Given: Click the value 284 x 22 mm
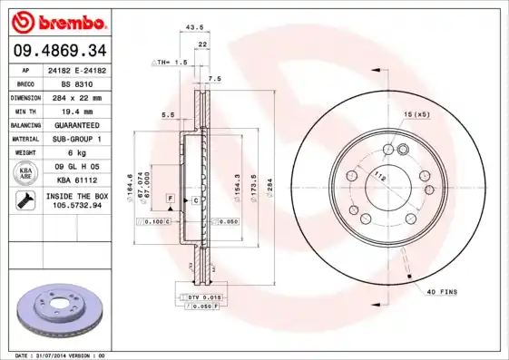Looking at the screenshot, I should click(x=75, y=97).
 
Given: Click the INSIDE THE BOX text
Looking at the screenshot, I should click(x=75, y=196).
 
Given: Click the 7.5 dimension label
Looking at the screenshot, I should click(x=214, y=80).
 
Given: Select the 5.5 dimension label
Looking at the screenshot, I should click(x=168, y=115).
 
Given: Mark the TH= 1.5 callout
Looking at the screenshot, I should click(x=171, y=63).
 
